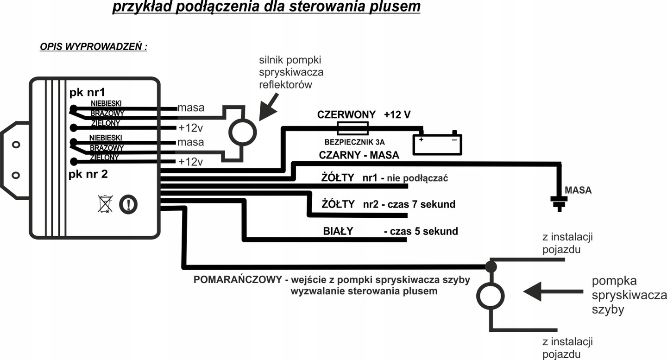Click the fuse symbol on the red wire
click(x=352, y=128)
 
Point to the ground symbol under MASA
click(x=559, y=204)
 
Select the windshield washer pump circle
click(x=491, y=296)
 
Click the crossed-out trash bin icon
click(x=106, y=204)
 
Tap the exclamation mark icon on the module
click(x=128, y=205)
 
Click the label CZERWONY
click(x=346, y=114)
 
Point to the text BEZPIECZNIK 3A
click(x=354, y=142)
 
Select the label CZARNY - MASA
click(x=359, y=155)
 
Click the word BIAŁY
click(x=338, y=231)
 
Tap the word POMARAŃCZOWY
click(x=238, y=279)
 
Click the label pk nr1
click(x=87, y=93)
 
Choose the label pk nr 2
click(x=88, y=174)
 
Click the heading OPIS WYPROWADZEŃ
click(x=94, y=47)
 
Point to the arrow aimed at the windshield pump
click(x=553, y=292)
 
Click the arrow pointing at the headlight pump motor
click(x=269, y=107)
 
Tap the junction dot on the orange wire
click(x=491, y=266)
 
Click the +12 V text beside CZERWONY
click(x=397, y=114)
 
